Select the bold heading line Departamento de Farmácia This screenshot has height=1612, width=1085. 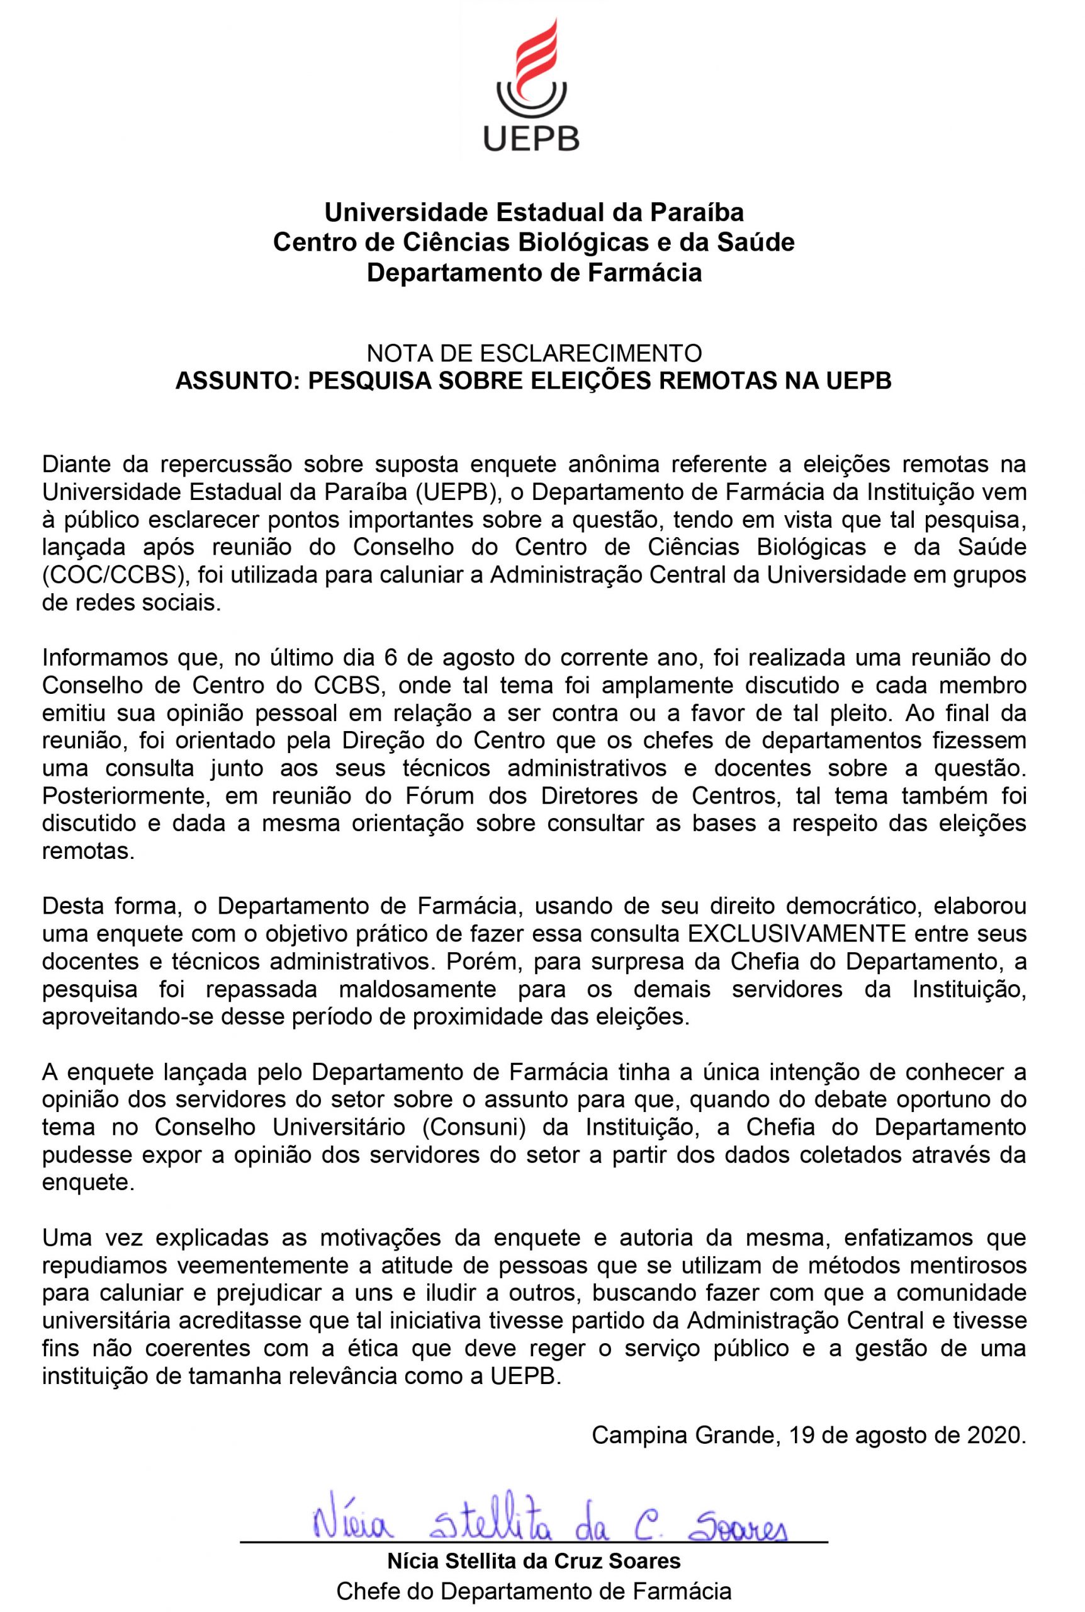[534, 273]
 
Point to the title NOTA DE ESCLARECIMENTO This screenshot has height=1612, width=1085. [534, 354]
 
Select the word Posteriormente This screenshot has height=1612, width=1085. [126, 795]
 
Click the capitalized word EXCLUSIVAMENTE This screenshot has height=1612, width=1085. [797, 934]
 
